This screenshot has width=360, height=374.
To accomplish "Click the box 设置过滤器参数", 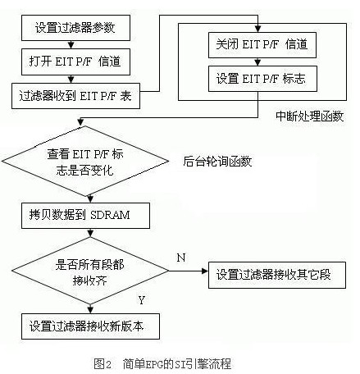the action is [x=75, y=28].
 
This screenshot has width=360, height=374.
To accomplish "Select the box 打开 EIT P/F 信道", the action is [x=75, y=62].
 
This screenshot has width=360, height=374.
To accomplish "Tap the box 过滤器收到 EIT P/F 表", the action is [x=75, y=96].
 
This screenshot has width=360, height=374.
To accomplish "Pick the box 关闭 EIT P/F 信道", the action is [x=262, y=45].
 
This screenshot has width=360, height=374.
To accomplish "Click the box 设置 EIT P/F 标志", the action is [x=262, y=79].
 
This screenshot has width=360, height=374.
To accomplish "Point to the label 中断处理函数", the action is [x=309, y=116].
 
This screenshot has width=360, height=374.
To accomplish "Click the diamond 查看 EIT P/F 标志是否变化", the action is [x=85, y=161].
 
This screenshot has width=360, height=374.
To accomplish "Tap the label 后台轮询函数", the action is [x=217, y=162].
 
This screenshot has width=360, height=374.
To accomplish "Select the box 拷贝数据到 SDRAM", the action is [x=85, y=216].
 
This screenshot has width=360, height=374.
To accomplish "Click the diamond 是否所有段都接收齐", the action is [x=90, y=271].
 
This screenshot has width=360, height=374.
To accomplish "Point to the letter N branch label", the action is [x=181, y=258].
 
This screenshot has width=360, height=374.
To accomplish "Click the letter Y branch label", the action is [x=142, y=300].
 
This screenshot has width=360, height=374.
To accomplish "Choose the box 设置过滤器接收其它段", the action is [x=277, y=275].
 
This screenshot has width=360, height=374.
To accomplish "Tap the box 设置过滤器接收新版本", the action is [x=90, y=326].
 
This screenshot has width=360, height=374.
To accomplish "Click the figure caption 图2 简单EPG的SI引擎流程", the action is [x=162, y=364].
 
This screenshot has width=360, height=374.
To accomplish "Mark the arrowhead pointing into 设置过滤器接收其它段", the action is [x=205, y=271].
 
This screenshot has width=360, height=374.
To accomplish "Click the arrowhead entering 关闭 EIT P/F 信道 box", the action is [x=257, y=29].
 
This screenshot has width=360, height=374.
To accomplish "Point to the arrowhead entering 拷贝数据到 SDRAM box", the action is [x=90, y=199].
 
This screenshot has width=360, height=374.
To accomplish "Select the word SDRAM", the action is [x=110, y=216].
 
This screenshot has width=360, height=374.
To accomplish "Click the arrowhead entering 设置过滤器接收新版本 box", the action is [x=90, y=310].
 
